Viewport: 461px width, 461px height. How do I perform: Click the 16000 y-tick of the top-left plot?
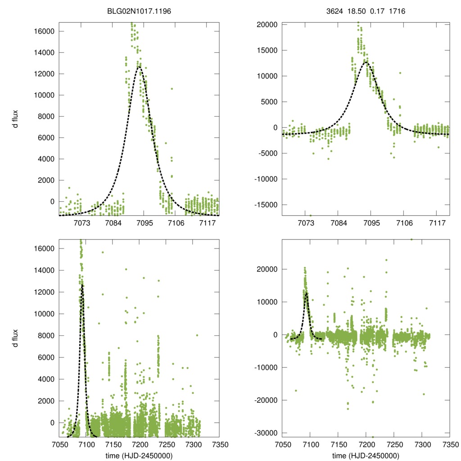(x=44, y=31)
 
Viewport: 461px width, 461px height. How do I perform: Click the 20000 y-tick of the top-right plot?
(x=267, y=24)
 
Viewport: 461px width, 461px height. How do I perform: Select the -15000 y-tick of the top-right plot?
(x=266, y=205)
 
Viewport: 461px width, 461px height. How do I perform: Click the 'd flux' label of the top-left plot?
(x=16, y=119)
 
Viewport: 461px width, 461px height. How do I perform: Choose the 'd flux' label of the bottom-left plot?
(x=16, y=336)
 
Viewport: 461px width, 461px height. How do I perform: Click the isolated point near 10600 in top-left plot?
(x=172, y=89)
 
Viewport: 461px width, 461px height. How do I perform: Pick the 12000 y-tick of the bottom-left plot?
(x=44, y=292)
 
